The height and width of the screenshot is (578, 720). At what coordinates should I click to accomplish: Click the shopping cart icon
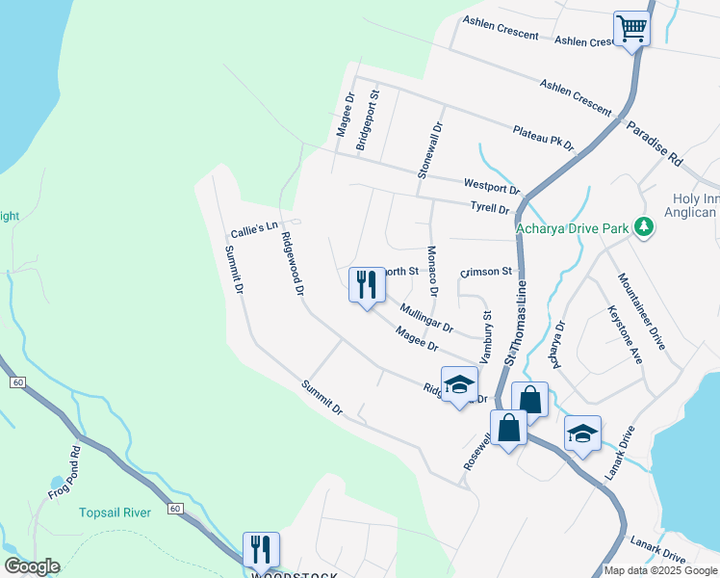tap(631, 28)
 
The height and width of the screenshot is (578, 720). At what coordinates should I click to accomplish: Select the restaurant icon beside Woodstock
tap(261, 549)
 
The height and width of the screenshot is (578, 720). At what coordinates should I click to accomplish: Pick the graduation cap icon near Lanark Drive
tap(582, 433)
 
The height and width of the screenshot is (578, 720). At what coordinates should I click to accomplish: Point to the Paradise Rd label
tap(654, 143)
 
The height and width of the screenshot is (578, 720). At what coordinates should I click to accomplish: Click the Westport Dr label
tap(491, 186)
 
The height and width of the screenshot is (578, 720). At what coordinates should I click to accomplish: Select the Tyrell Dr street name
tap(490, 208)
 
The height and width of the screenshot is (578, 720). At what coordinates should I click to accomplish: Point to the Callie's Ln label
tap(254, 229)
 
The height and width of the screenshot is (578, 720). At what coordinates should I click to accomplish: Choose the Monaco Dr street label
tap(432, 271)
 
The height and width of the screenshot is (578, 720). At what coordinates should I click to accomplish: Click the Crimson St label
tap(486, 273)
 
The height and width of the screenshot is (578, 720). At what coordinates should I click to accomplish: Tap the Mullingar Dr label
tap(426, 319)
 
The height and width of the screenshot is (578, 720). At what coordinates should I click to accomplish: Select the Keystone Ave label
tap(624, 334)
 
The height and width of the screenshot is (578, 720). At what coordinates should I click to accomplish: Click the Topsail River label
tap(115, 512)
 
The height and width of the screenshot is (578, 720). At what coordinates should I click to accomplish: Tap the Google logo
tap(32, 566)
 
